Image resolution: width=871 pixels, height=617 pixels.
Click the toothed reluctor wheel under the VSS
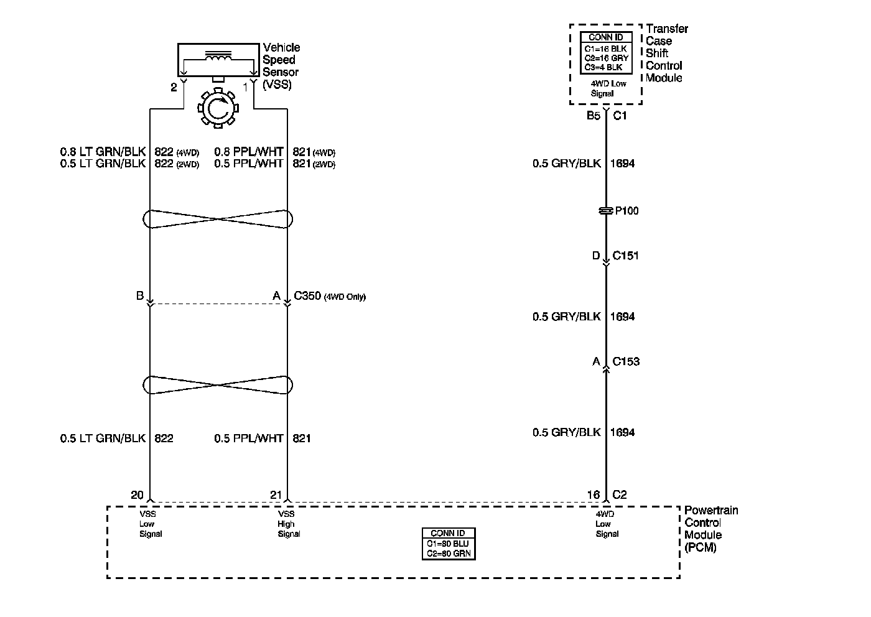pyautogui.click(x=218, y=109)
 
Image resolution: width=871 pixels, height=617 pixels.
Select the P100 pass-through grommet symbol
pyautogui.click(x=605, y=211)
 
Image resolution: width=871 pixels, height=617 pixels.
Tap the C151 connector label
pyautogui.click(x=625, y=256)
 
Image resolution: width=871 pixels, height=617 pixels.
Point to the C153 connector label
pyautogui.click(x=625, y=361)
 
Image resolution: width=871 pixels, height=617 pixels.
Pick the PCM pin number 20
pyautogui.click(x=137, y=495)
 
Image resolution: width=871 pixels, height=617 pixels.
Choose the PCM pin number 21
pyautogui.click(x=276, y=495)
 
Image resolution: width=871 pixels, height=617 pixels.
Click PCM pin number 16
pyautogui.click(x=593, y=495)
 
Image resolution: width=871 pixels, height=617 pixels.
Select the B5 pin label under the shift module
pyautogui.click(x=593, y=116)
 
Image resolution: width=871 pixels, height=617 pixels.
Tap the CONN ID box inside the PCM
pyautogui.click(x=448, y=544)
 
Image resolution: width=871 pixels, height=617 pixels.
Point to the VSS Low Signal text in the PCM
pyautogui.click(x=151, y=524)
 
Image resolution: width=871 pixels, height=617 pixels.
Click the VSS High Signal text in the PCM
pyautogui.click(x=289, y=524)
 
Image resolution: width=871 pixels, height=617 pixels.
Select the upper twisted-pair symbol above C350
pyautogui.click(x=218, y=219)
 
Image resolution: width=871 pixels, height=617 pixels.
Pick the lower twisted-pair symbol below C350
pyautogui.click(x=218, y=384)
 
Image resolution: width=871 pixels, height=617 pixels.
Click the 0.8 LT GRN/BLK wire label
pyautogui.click(x=103, y=151)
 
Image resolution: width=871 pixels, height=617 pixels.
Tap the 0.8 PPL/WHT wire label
pyautogui.click(x=249, y=151)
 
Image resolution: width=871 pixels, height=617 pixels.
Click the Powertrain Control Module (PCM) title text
pyautogui.click(x=710, y=529)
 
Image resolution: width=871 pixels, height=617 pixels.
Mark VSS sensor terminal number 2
pyautogui.click(x=174, y=88)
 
